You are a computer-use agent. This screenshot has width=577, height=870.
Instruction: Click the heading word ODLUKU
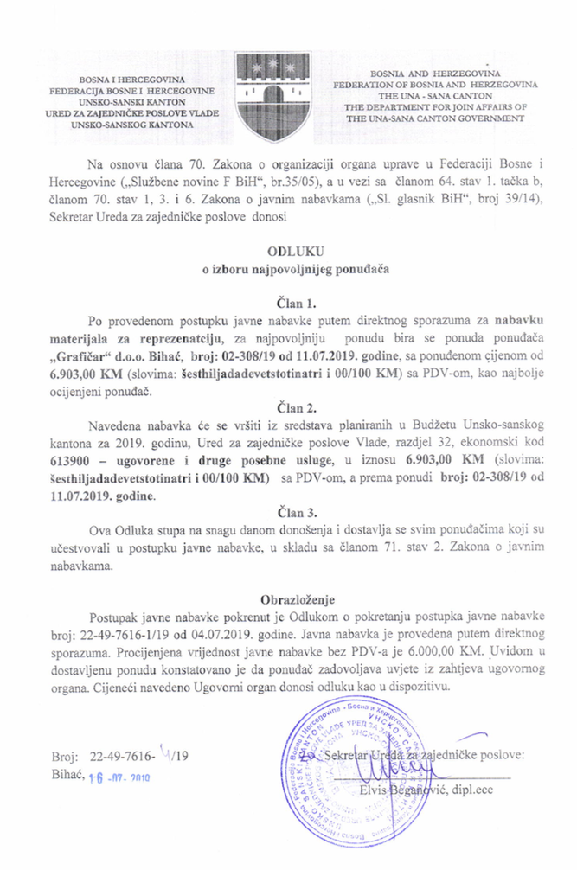289,252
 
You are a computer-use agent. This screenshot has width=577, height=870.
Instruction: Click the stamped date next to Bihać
121,776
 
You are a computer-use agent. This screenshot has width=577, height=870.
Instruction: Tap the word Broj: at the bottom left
87,755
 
